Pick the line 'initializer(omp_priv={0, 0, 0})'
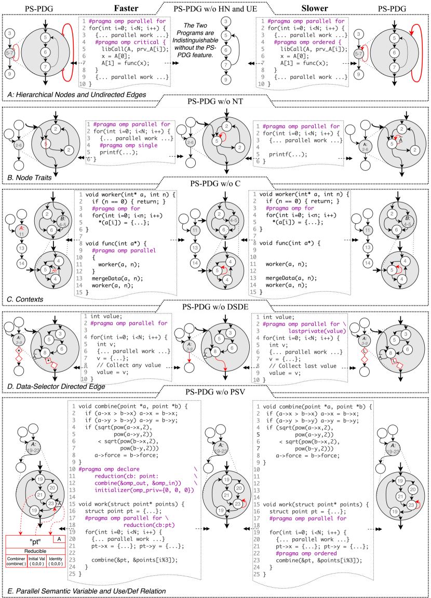coord(144,490)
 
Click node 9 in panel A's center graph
coord(226,80)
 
